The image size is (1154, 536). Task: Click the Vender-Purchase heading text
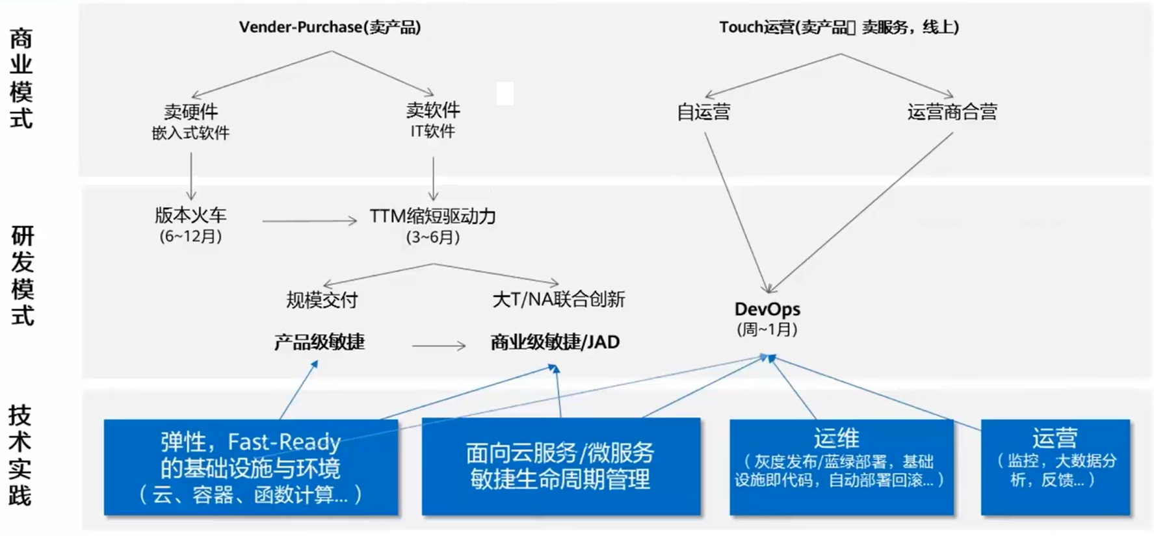coord(330,27)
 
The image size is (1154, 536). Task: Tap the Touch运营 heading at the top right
coord(839,27)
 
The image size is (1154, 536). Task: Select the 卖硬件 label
coord(190,112)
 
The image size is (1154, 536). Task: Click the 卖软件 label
coord(433,110)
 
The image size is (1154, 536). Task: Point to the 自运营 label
coord(703,112)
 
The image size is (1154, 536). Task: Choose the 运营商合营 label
coord(952,112)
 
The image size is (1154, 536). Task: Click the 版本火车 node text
coord(190,215)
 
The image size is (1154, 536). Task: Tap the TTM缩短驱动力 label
coord(433,216)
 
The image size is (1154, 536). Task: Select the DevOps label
coord(767,309)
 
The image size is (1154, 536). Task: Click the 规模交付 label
coord(322,300)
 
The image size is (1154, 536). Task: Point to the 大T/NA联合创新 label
coord(558,300)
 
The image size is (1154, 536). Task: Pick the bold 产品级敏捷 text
coord(319,342)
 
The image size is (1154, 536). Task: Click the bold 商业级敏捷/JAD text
coord(555,342)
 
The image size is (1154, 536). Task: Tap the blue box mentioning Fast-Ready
coord(251,467)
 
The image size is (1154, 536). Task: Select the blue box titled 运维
coord(841,467)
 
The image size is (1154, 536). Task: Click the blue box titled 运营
coord(1055,467)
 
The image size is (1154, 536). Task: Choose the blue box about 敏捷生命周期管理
coord(560,467)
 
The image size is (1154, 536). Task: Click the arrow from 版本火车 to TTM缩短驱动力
coord(309,222)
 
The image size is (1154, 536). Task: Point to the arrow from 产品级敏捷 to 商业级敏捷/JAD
coord(439,346)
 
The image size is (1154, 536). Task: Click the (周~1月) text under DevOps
coord(767,329)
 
